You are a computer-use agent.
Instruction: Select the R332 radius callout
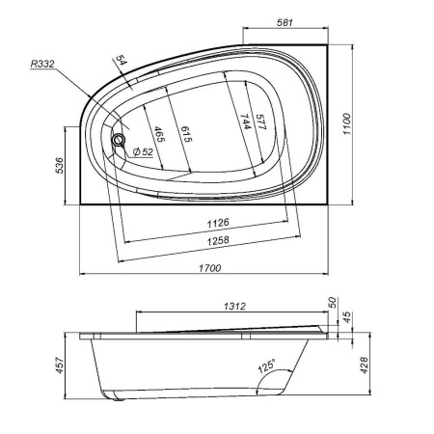41,64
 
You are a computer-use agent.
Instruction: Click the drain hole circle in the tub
119,140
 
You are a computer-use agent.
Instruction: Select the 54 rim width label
122,64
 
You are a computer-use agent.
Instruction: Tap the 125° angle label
266,367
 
